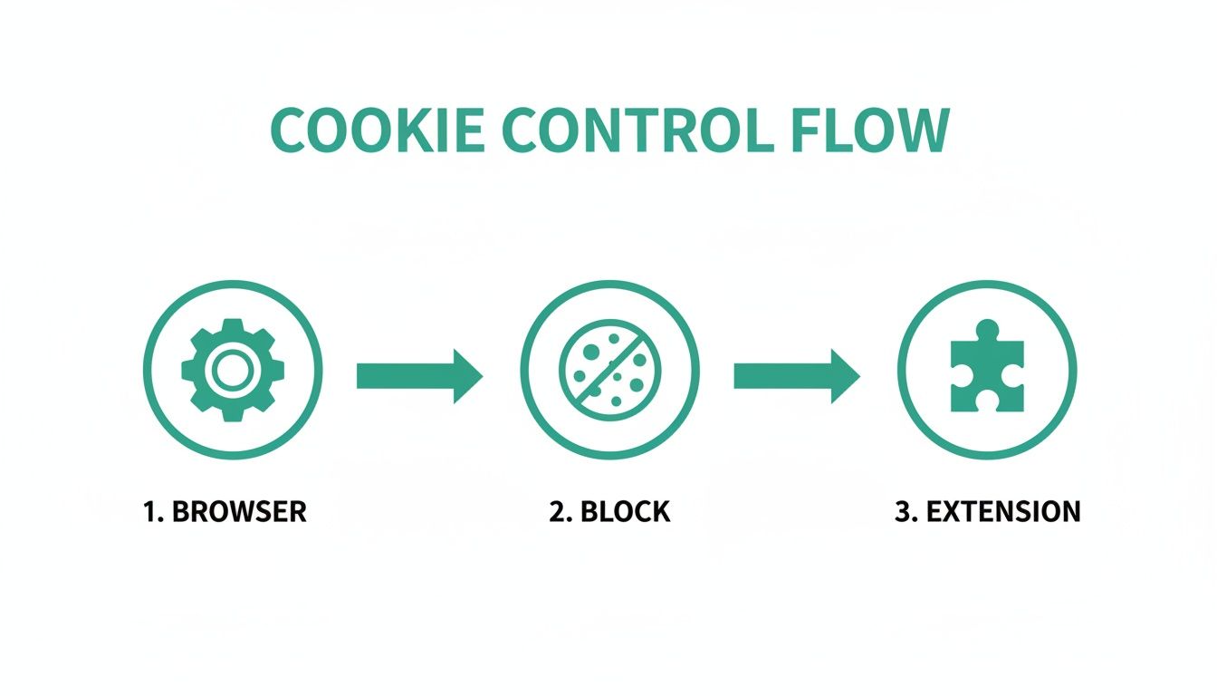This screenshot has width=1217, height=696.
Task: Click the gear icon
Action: click(233, 370)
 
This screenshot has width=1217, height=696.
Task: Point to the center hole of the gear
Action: click(233, 370)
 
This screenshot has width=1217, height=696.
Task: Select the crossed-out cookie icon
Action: click(609, 370)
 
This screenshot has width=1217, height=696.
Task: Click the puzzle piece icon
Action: click(986, 373)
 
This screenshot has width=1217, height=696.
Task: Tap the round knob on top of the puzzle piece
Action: click(986, 331)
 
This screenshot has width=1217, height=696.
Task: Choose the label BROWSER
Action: click(239, 511)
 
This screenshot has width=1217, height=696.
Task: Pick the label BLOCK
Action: click(625, 511)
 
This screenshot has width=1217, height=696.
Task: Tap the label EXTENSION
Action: click(1003, 511)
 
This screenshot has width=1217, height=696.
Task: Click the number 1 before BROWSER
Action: click(151, 511)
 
